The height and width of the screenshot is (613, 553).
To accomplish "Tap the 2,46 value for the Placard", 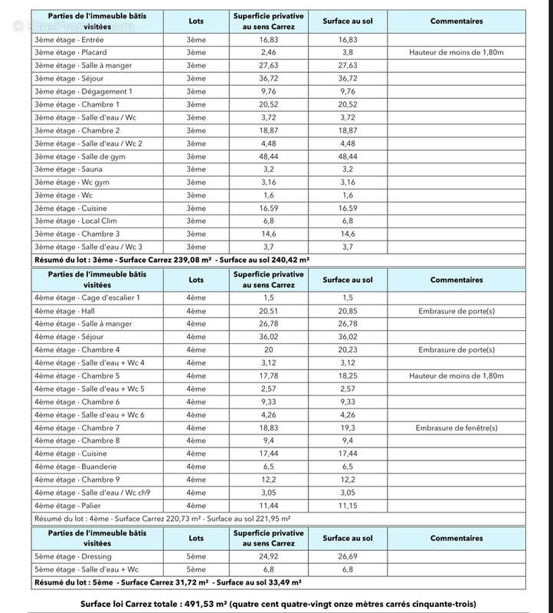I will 263,52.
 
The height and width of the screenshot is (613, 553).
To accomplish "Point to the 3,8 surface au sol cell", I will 347,52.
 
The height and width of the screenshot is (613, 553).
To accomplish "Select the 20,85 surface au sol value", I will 347,311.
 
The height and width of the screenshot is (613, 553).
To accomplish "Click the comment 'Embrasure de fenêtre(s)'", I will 456,428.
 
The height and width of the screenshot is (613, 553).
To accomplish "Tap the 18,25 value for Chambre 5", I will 347,375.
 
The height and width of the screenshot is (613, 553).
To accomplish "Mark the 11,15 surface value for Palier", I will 347,506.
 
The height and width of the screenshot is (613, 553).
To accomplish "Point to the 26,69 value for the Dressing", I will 347,557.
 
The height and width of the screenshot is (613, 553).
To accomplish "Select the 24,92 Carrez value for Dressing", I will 263,557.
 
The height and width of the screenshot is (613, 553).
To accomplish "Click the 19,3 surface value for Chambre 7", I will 347,428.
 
